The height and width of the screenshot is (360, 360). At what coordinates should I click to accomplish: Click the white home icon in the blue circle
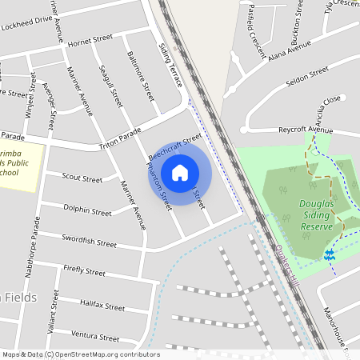(x=180, y=172)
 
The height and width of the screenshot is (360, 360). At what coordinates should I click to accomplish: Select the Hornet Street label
(x=90, y=40)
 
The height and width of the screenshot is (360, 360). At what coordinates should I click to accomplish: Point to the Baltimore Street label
(x=140, y=76)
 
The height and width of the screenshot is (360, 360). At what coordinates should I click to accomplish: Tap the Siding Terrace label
(x=170, y=65)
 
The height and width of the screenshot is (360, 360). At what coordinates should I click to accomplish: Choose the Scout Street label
(x=82, y=178)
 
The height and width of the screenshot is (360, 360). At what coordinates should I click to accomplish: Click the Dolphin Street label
(x=87, y=212)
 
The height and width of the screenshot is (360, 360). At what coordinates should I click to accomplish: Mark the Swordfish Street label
(x=90, y=242)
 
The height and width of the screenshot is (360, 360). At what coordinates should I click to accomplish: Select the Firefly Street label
(x=84, y=273)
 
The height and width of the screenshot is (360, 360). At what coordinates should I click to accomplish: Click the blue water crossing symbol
(x=329, y=254)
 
